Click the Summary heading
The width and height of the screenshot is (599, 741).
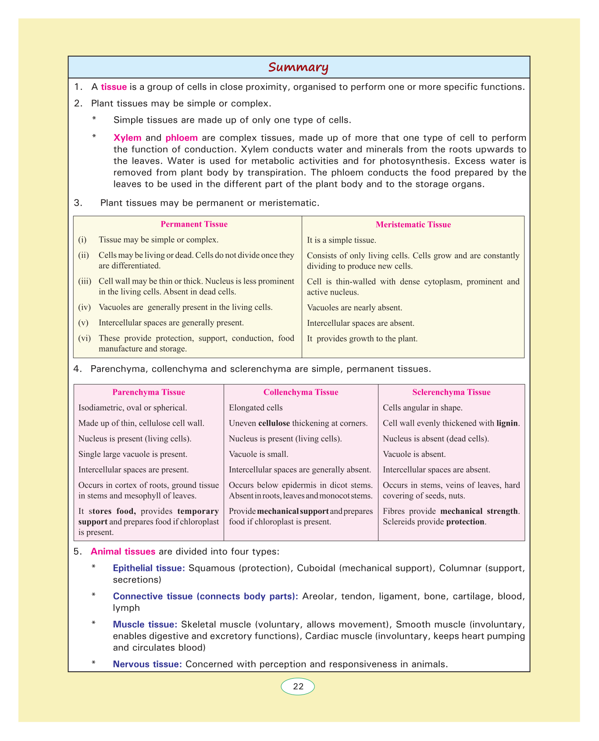click(298, 68)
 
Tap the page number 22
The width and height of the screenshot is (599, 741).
click(298, 687)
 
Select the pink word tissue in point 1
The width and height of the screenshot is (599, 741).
click(114, 87)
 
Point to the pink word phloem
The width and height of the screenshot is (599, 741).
click(182, 138)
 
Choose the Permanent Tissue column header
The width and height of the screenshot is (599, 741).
click(194, 224)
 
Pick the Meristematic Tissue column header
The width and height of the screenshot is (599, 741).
click(413, 225)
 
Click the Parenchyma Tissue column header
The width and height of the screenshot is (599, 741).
click(149, 392)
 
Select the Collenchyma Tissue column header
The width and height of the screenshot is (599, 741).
click(301, 392)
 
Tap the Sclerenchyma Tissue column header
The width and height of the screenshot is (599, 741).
click(451, 392)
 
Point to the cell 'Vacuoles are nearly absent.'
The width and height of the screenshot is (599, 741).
click(354, 308)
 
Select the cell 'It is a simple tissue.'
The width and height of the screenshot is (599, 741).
click(341, 240)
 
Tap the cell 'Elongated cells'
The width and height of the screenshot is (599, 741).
click(256, 408)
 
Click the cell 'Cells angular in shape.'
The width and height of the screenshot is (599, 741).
click(422, 408)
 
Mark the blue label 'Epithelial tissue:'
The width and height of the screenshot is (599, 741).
click(149, 568)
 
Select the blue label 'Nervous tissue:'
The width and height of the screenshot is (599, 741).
click(147, 664)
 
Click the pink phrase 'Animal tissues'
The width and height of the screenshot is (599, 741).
click(123, 552)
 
